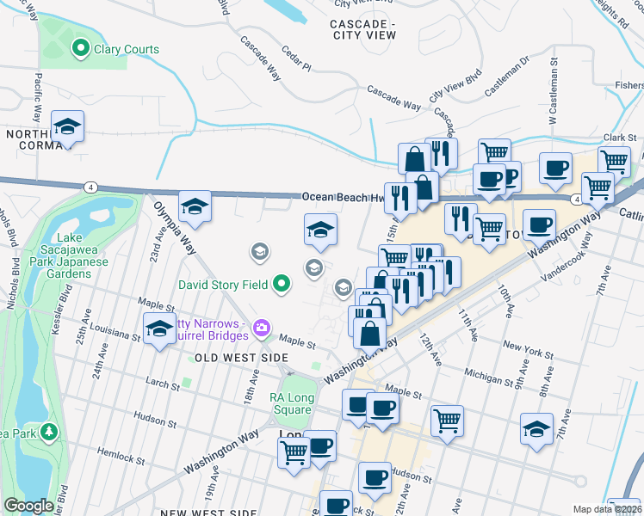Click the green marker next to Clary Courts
point(83,49)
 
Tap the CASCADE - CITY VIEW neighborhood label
point(362,29)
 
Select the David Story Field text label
point(223,283)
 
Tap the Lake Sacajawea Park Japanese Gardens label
point(73,255)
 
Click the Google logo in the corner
point(28,506)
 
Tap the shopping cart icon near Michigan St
point(447,420)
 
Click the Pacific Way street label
point(37,93)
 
